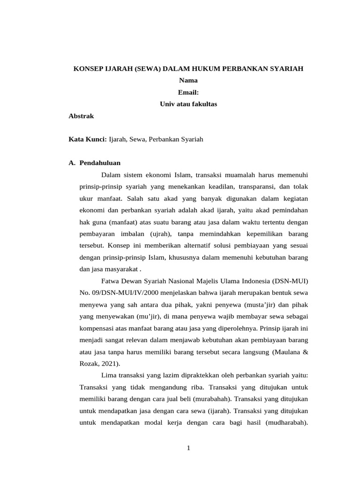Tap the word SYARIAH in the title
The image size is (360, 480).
[x=286, y=69]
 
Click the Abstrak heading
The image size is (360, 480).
[x=82, y=116]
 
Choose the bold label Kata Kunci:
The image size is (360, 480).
[x=88, y=139]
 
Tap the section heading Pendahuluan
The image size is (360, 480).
[x=100, y=163]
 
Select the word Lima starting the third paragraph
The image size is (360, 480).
[x=109, y=375]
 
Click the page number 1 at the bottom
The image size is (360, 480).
[x=188, y=449]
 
